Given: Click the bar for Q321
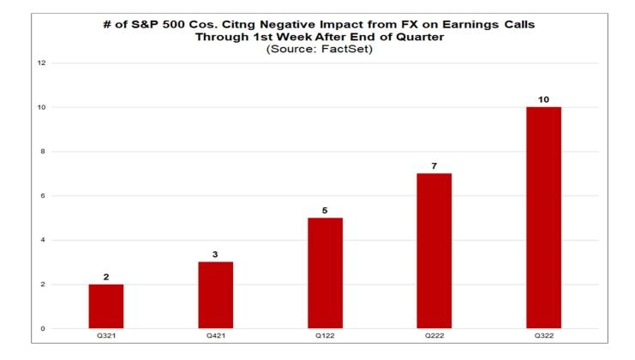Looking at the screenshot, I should click(105, 306).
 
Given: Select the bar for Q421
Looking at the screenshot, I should click(215, 295).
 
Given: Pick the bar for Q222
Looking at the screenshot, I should click(434, 250).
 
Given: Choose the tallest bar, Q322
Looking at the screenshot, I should click(543, 218).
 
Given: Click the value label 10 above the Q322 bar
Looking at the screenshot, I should click(543, 99).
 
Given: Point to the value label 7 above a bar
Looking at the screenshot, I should click(434, 165).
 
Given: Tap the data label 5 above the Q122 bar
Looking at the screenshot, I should click(325, 210).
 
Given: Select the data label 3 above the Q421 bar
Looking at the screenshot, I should click(215, 255).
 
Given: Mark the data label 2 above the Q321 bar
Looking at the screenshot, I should click(105, 276).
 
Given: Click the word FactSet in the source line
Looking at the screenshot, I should click(352, 50).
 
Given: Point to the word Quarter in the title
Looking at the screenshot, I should click(419, 37).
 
